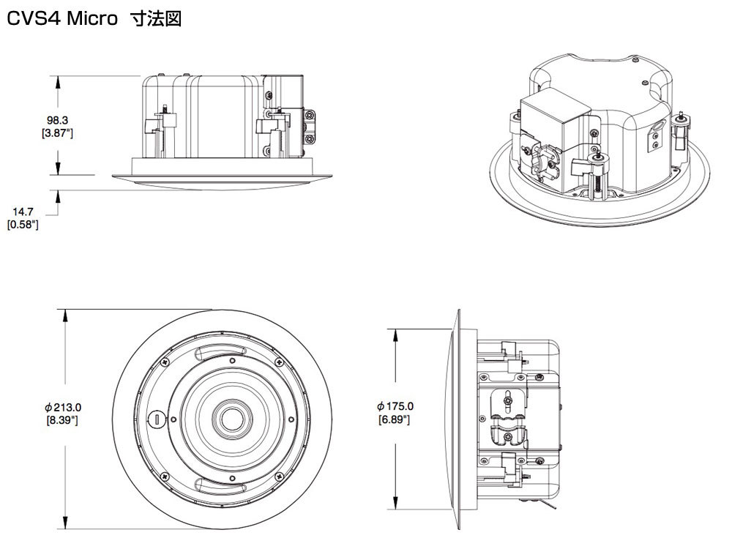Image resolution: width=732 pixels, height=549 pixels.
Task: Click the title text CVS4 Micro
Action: tap(62, 19)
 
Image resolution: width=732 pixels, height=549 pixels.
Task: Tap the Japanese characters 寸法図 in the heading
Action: tap(157, 19)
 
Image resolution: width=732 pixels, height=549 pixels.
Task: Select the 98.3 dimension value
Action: tap(57, 121)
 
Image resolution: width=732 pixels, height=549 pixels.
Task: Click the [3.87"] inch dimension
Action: tap(57, 133)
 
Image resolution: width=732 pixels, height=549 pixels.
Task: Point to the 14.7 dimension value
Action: tap(23, 212)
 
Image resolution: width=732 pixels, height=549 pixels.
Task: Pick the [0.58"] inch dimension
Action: tap(23, 225)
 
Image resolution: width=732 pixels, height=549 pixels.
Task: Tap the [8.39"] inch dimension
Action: tap(62, 420)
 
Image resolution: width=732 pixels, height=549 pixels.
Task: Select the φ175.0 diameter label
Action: tap(395, 406)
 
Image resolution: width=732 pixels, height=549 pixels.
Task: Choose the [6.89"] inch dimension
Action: tap(395, 419)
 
